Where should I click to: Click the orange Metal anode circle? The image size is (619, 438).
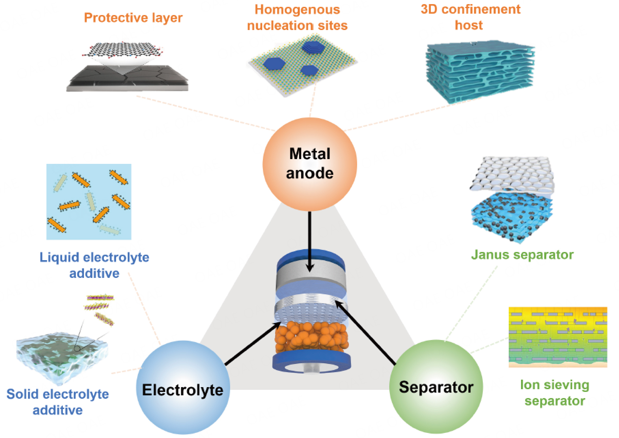pyautogui.click(x=309, y=164)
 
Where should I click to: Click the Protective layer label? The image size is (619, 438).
pyautogui.click(x=133, y=18)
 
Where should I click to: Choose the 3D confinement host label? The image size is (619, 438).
pyautogui.click(x=470, y=17)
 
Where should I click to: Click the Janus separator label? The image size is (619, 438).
pyautogui.click(x=522, y=254)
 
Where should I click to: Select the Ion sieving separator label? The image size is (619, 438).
pyautogui.click(x=554, y=393)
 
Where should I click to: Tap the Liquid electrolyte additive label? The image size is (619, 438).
pyautogui.click(x=95, y=265)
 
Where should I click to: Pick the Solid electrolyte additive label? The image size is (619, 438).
pyautogui.click(x=58, y=402)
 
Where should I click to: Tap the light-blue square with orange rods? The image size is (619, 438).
pyautogui.click(x=89, y=201)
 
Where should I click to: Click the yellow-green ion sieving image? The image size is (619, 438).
pyautogui.click(x=558, y=336)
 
